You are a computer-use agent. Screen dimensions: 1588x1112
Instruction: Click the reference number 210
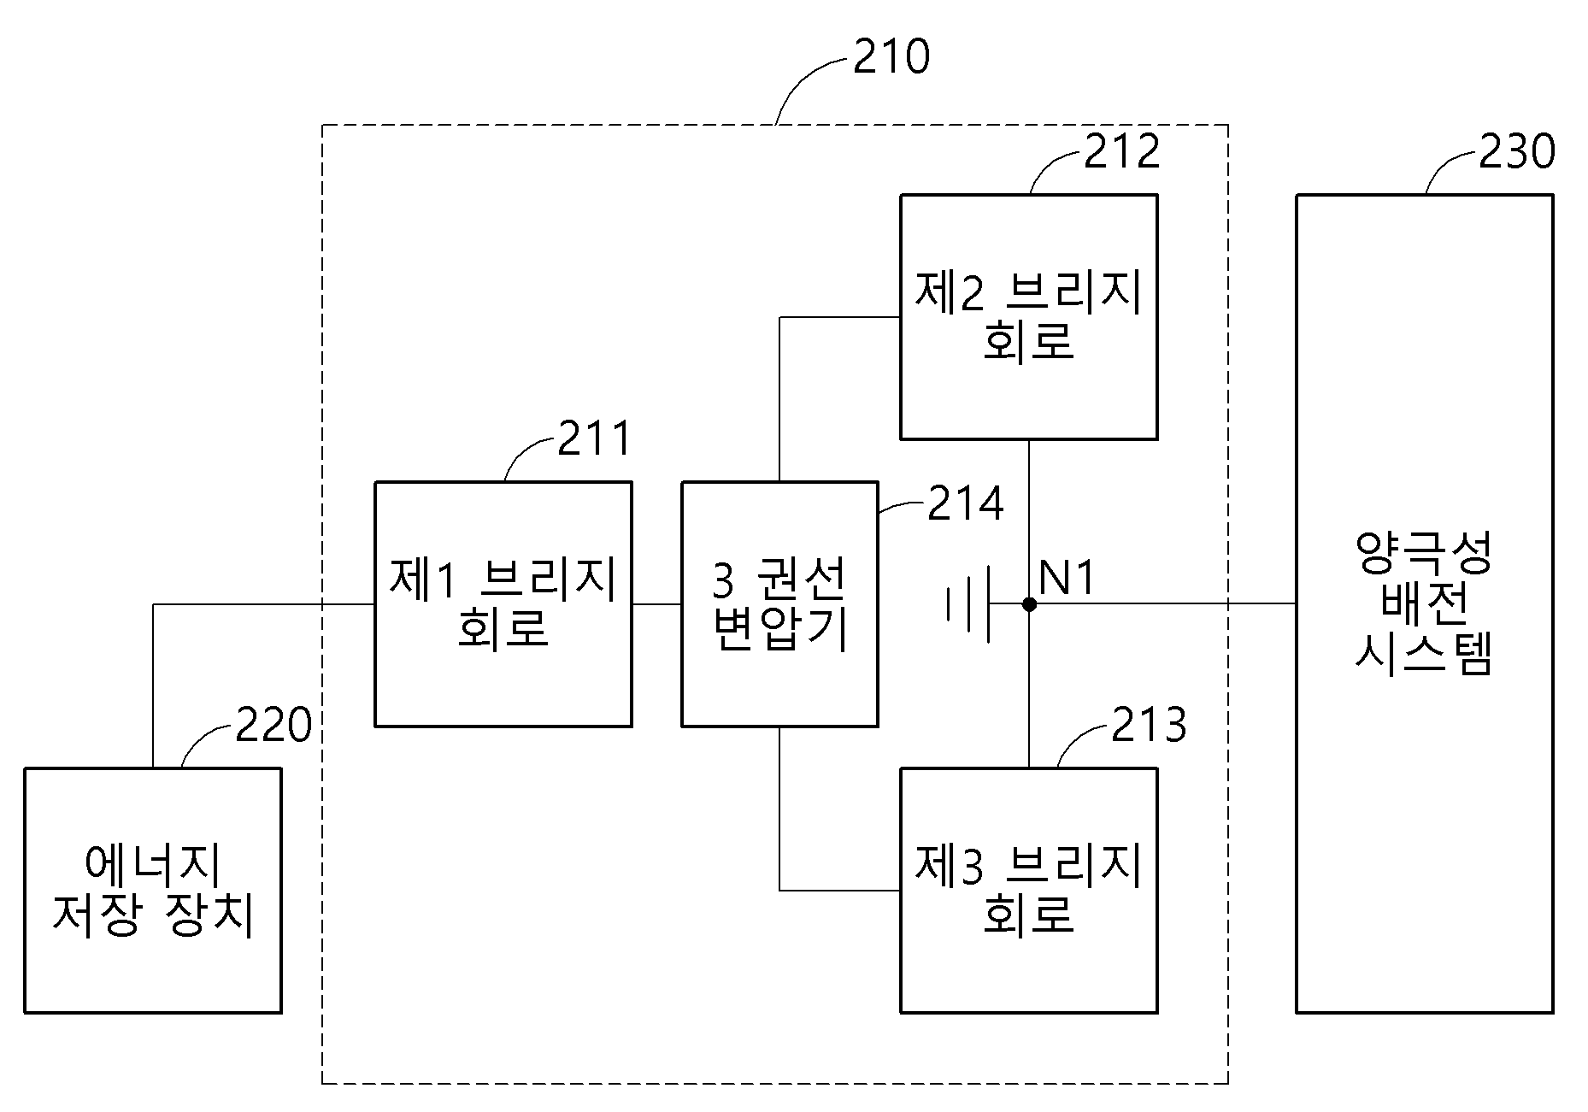[891, 56]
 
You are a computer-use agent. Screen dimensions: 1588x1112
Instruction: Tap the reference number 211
[594, 438]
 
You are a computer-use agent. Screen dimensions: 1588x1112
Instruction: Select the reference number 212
[1122, 151]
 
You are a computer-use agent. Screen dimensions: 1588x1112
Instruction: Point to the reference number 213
[1149, 725]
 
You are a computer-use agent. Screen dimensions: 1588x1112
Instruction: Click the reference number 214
[966, 503]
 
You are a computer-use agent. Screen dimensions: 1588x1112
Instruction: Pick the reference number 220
[273, 726]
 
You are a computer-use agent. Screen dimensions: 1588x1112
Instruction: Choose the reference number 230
[1517, 151]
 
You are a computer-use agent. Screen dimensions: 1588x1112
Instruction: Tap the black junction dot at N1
[1029, 604]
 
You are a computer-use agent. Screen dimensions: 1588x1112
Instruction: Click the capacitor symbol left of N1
[969, 604]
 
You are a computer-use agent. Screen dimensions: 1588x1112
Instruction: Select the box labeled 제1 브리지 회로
[503, 604]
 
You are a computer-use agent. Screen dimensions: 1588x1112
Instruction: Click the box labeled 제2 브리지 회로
[1029, 317]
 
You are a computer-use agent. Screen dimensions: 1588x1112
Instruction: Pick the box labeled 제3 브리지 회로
[1029, 891]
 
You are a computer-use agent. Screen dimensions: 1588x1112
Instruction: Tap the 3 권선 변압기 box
[779, 604]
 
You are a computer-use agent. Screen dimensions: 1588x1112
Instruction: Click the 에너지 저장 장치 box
[153, 891]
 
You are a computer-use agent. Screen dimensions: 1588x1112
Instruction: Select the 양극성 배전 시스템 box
[1425, 604]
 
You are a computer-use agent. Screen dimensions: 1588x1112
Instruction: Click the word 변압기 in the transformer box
[780, 631]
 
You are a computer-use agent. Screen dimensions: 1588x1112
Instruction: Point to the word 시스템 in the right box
[1425, 656]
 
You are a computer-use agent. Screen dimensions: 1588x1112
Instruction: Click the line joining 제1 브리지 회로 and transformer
[657, 604]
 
